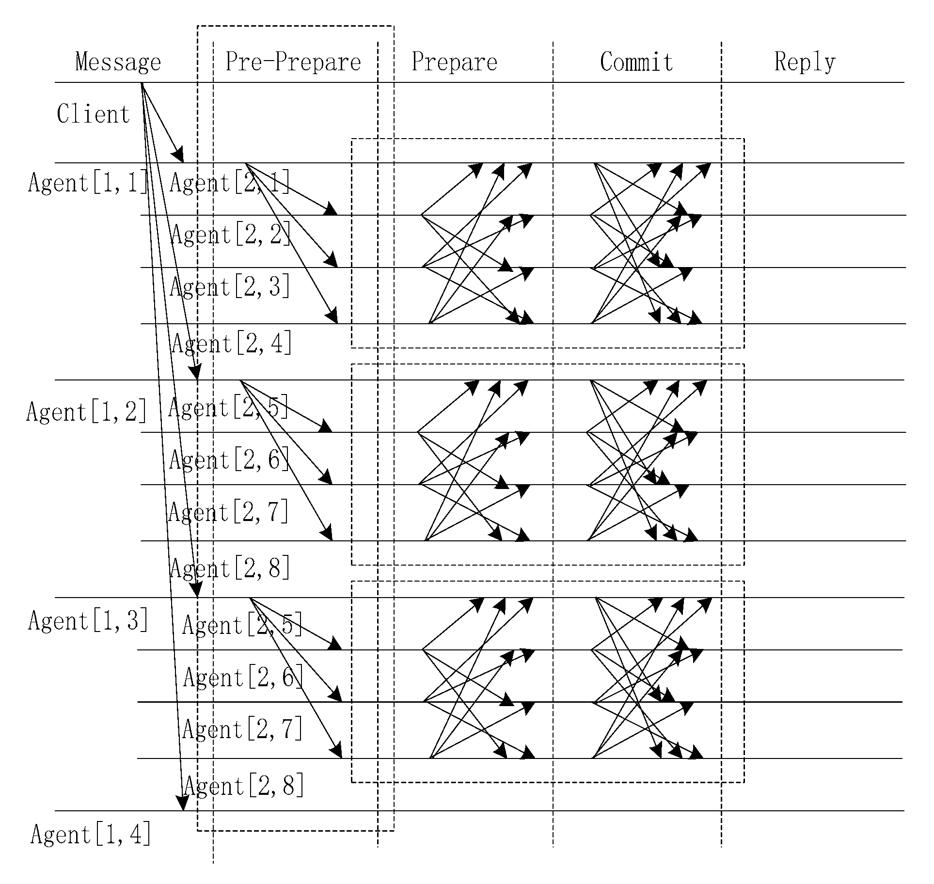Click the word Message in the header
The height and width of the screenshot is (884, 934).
pos(118,63)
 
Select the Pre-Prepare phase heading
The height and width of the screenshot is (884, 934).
pos(293,62)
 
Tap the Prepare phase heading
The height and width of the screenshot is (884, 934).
pos(454,63)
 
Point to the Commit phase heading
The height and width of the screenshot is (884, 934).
pos(636,62)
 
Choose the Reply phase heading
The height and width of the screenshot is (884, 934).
pos(805,63)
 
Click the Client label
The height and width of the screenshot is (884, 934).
pos(93,114)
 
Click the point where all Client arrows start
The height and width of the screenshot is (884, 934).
pos(142,84)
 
